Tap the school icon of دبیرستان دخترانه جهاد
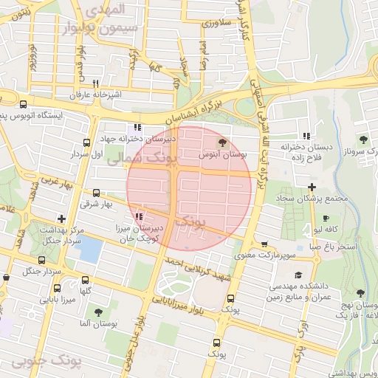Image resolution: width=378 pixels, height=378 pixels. click(138, 127)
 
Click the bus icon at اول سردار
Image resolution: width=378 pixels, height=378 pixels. click(87, 142)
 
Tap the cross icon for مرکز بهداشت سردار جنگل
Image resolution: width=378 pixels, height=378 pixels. click(61, 219)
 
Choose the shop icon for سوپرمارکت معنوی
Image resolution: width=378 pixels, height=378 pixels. click(264, 244)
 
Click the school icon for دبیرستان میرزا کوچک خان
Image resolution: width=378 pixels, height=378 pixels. click(140, 216)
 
